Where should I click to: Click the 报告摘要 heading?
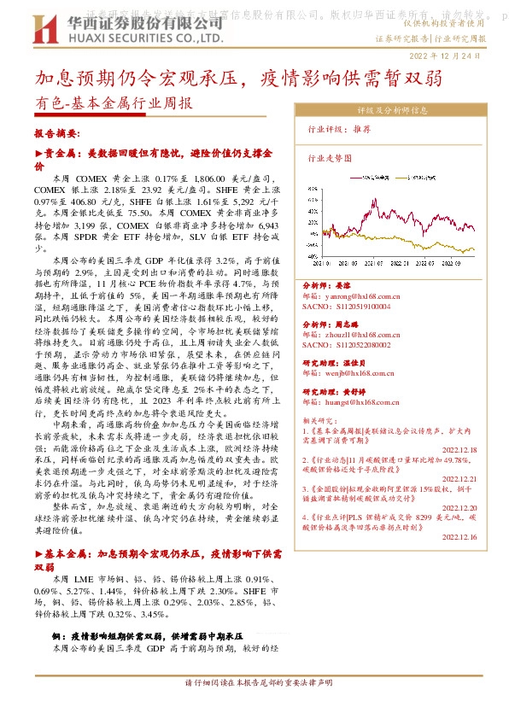tap(56, 134)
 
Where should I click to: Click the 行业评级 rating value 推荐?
tap(361, 128)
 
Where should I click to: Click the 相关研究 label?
tap(319, 421)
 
